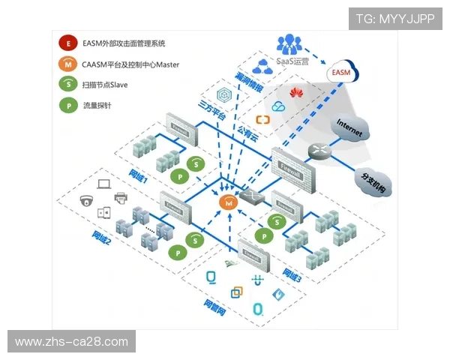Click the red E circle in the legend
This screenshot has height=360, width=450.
point(68,45)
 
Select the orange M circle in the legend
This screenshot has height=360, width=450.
point(68,65)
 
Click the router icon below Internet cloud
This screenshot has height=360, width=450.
point(318,150)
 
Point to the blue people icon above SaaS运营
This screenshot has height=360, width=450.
point(289,43)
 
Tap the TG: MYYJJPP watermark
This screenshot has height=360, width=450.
point(395,19)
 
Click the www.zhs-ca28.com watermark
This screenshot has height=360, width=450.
point(72,342)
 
